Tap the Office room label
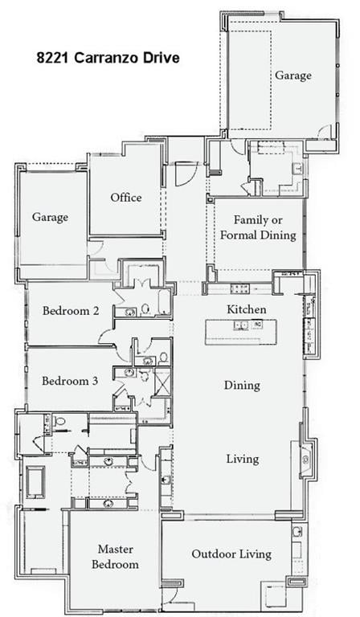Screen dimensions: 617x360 click(x=126, y=198)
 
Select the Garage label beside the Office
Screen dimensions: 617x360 click(x=50, y=217)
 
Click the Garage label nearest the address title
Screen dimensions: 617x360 click(x=292, y=75)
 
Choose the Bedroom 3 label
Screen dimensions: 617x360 click(x=70, y=381)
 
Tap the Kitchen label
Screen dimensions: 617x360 click(x=246, y=309)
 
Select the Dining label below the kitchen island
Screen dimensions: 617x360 click(x=242, y=385)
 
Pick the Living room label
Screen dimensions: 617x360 click(x=242, y=459)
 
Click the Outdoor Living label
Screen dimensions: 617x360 click(x=231, y=554)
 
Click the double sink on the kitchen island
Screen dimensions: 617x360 click(x=241, y=325)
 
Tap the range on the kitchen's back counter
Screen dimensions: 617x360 click(x=240, y=288)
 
